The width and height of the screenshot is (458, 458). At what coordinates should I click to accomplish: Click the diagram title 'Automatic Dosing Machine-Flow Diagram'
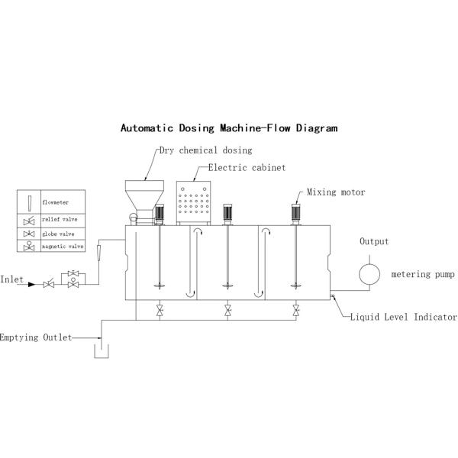[x=229, y=128]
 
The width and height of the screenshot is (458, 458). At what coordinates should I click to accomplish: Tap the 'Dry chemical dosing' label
[x=205, y=150]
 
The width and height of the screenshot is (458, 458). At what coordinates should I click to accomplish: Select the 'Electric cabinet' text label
[x=247, y=168]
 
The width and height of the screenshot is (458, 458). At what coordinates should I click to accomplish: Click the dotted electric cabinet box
[x=193, y=202]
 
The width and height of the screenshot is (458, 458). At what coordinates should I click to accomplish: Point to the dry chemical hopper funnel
[x=144, y=195]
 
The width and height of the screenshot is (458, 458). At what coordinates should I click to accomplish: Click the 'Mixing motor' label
[x=336, y=192]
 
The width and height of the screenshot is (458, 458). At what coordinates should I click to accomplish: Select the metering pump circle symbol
[x=369, y=274]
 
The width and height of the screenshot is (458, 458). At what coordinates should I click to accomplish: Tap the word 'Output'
[x=374, y=241]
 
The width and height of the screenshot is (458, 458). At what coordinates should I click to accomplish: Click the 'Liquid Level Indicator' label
[x=403, y=317]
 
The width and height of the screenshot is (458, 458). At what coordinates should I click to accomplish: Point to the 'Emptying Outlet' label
[x=36, y=337]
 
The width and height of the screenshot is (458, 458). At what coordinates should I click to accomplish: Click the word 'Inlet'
[x=11, y=279]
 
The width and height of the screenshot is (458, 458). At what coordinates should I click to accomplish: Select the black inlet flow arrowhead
[x=31, y=284]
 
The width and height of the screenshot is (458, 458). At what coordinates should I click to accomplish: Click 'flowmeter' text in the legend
[x=56, y=202]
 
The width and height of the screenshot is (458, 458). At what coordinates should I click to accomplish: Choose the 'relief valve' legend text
[x=60, y=219]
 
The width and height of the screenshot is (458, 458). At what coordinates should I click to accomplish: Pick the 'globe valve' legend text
[x=58, y=234]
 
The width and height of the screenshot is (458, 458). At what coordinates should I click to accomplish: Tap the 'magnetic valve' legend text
[x=63, y=247]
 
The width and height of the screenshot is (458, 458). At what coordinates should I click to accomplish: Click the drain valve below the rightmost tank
[x=296, y=310]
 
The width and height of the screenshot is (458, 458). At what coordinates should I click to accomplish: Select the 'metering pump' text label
[x=423, y=274]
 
